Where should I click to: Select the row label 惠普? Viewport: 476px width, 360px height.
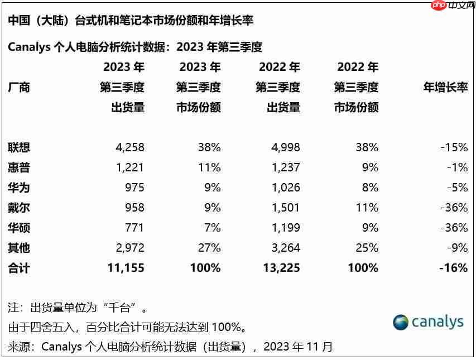[19, 167]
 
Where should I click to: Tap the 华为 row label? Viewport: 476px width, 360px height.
[19, 188]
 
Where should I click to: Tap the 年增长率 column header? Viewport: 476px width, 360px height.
[445, 87]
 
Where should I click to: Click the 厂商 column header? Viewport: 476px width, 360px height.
[19, 87]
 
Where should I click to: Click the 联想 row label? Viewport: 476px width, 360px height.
[19, 147]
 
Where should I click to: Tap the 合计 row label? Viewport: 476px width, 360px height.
[19, 268]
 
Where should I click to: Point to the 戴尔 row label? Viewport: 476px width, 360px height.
[19, 208]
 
